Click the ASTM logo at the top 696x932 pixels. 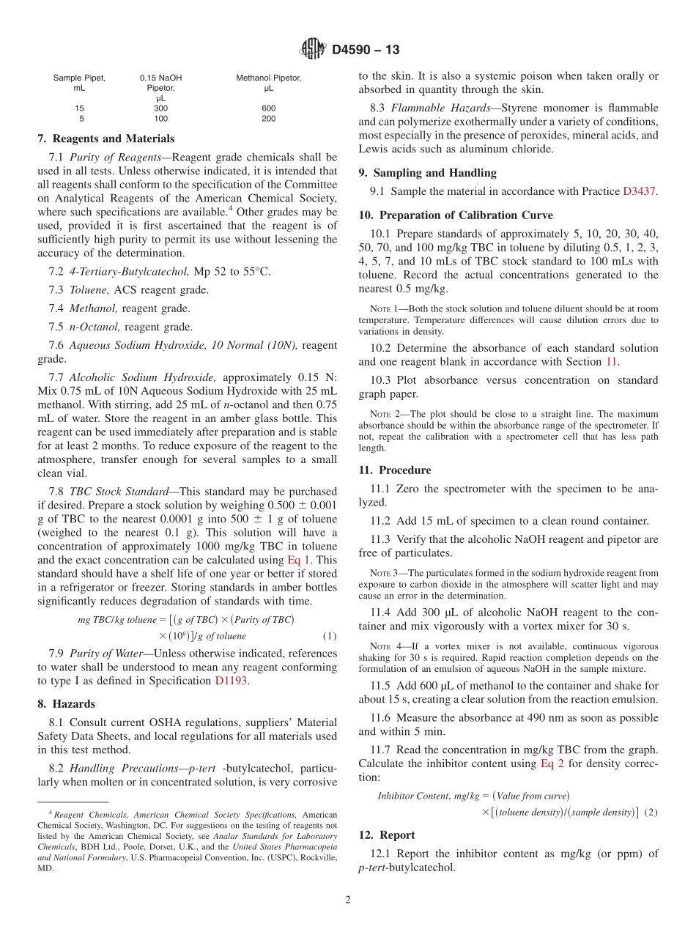tap(312, 50)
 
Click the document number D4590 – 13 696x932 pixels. tap(366, 51)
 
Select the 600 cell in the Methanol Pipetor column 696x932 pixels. tap(268, 108)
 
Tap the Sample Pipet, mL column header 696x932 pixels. tap(79, 82)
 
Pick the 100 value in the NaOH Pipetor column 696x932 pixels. tap(160, 119)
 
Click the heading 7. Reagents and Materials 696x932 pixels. tap(105, 138)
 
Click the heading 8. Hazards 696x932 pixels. tap(66, 703)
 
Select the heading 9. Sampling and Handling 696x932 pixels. tap(427, 173)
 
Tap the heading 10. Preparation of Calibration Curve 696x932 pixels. tap(455, 215)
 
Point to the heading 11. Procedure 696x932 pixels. tap(394, 470)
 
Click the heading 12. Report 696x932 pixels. tap(386, 835)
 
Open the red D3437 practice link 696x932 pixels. tap(640, 191)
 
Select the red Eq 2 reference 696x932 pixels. tap(552, 763)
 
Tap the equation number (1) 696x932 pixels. tap(330, 636)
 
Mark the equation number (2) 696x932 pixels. tap(650, 813)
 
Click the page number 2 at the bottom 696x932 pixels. tap(348, 900)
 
